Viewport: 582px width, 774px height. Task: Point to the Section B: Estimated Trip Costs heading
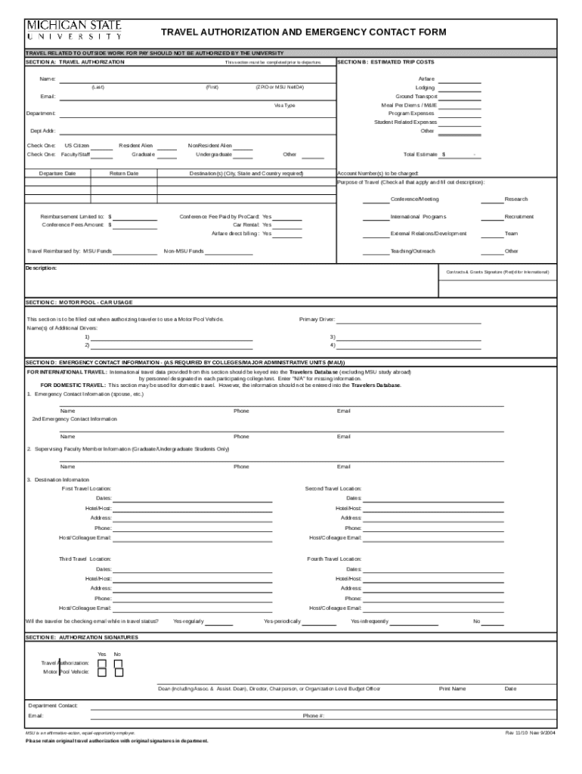pos(385,61)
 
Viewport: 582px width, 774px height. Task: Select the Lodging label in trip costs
pos(425,88)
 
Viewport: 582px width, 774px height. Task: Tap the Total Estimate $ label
pos(424,154)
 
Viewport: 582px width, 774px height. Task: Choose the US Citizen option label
pos(77,145)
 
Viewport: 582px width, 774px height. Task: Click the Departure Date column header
pos(57,173)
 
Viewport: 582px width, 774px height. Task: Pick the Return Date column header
pos(124,173)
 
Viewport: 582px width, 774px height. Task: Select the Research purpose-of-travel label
pos(516,199)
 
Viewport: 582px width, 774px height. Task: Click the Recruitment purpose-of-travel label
pos(519,216)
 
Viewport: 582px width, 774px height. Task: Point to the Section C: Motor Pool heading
pos(79,302)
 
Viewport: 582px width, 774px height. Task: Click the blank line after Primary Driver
pos(408,320)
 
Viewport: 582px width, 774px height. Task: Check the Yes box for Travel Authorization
pos(101,663)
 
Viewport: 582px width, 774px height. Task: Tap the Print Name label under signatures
pos(453,689)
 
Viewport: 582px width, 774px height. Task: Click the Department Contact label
pos(52,705)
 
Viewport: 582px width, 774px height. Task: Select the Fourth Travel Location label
pos(334,559)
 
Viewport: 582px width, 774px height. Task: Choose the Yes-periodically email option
pos(282,621)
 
